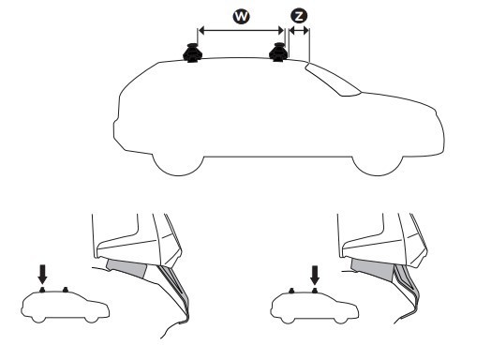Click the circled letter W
click(x=242, y=16)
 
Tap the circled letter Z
click(x=299, y=16)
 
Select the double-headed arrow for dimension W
click(x=241, y=30)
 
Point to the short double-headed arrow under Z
click(x=299, y=31)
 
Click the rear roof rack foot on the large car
click(x=192, y=52)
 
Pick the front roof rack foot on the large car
click(x=278, y=52)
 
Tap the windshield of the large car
click(x=333, y=80)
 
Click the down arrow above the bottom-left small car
click(x=42, y=274)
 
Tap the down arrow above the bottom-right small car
click(x=315, y=275)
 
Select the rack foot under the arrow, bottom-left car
click(x=42, y=290)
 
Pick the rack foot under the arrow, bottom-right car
click(x=315, y=291)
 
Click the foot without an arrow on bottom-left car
click(x=66, y=289)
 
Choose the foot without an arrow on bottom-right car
click(x=291, y=291)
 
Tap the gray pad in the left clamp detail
click(x=127, y=268)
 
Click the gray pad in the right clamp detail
click(x=373, y=268)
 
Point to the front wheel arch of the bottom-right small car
click(x=341, y=320)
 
